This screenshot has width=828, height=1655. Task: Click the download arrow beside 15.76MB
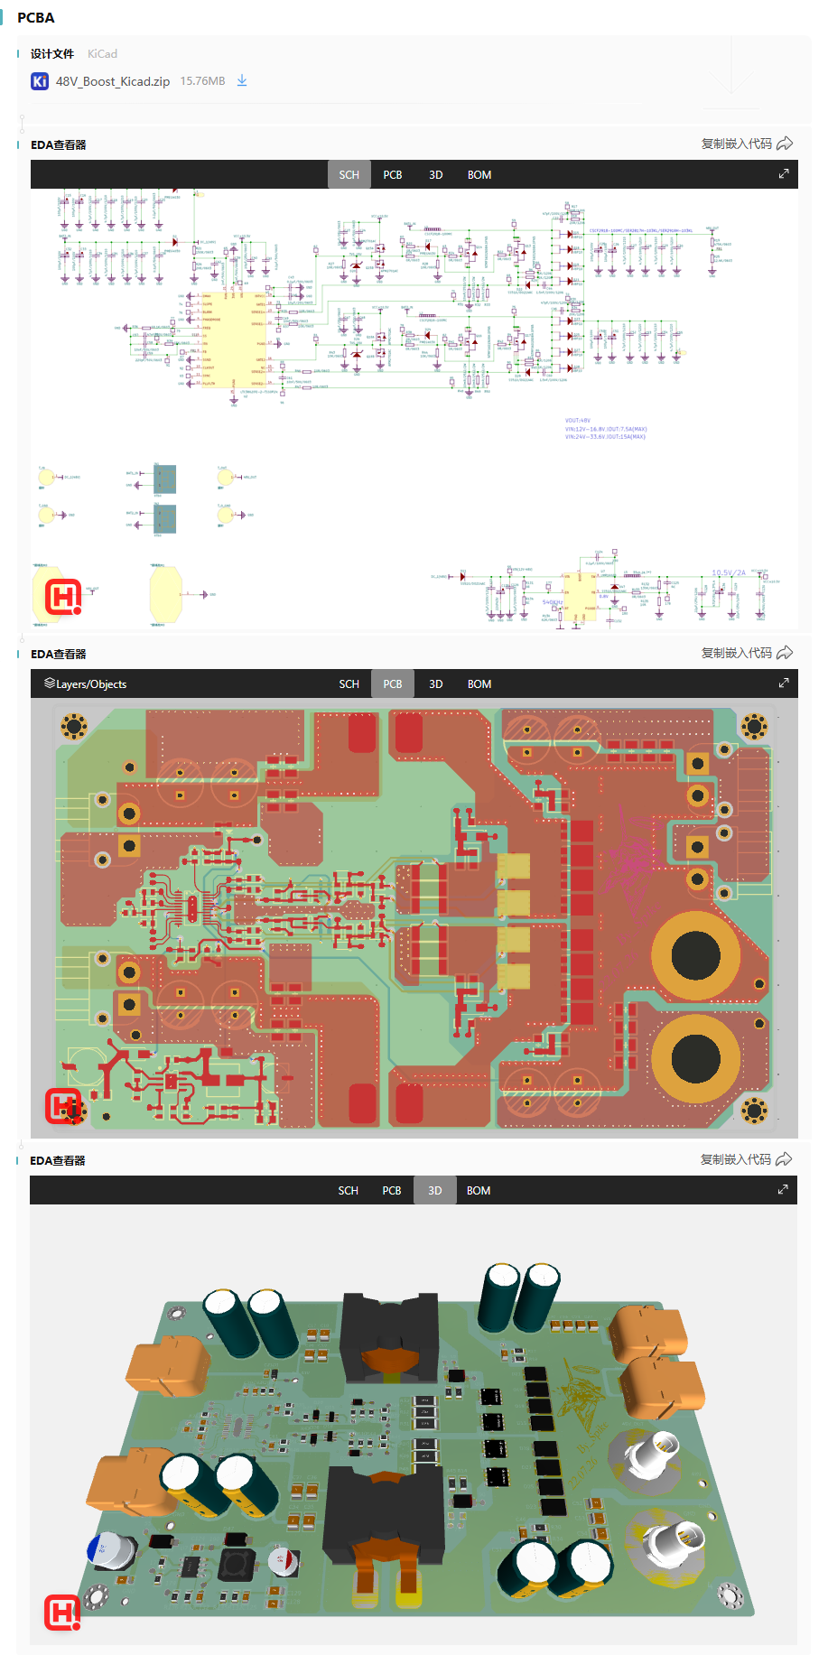242,80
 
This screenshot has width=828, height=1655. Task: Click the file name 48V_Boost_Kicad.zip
112,81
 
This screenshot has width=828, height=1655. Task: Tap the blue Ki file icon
40,81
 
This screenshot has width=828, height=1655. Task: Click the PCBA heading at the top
35,17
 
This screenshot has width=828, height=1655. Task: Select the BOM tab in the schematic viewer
479,175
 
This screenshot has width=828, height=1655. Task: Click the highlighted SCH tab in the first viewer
349,175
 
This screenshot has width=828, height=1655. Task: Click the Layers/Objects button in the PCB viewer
86,684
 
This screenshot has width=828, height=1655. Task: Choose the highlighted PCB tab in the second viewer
392,684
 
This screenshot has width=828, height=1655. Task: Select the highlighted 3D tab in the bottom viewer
434,1191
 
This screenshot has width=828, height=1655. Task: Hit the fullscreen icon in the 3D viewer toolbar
783,1190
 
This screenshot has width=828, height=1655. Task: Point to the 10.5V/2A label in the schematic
729,572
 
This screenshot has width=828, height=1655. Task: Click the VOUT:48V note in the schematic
578,421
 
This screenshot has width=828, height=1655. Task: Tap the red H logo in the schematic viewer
63,597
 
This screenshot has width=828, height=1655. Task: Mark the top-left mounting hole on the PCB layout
73,725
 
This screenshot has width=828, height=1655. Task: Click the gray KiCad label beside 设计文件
102,54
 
